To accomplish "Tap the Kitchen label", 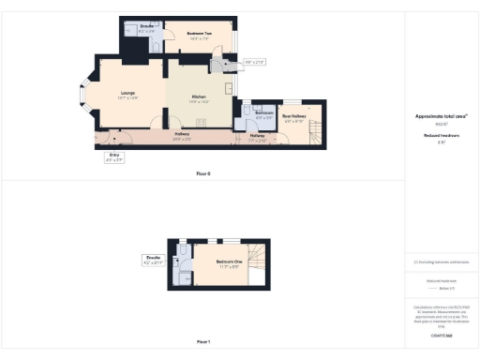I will click(199, 97).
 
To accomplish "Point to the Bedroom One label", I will click(228, 261).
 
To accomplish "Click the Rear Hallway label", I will click(293, 117).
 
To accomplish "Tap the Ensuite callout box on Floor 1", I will click(154, 259).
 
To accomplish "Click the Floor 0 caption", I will click(203, 173).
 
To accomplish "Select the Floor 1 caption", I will click(203, 342).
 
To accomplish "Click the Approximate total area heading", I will click(441, 116).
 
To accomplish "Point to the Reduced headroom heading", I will click(441, 135).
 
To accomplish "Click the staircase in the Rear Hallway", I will click(315, 134).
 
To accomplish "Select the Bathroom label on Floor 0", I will click(263, 112).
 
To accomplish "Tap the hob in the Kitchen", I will click(218, 65).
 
